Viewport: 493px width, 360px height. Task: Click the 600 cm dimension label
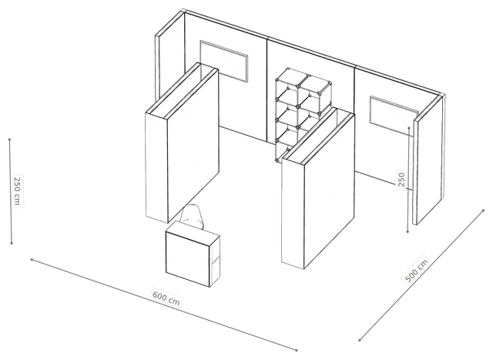click(166, 298)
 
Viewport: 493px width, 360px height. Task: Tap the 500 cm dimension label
click(416, 271)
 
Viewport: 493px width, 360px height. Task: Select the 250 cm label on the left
click(17, 190)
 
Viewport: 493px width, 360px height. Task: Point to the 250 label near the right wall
click(401, 180)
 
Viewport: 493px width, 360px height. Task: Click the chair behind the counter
click(192, 217)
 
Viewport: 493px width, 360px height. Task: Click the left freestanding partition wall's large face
click(193, 146)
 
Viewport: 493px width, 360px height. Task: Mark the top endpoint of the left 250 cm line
click(10, 140)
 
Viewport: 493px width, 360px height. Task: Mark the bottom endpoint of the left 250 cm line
click(12, 243)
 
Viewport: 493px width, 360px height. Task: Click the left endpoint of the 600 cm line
click(32, 259)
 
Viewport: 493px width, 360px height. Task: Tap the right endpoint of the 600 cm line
click(296, 350)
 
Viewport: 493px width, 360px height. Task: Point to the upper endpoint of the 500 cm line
click(483, 210)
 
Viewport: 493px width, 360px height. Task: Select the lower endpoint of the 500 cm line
click(360, 340)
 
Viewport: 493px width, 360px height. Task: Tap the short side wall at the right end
click(429, 160)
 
